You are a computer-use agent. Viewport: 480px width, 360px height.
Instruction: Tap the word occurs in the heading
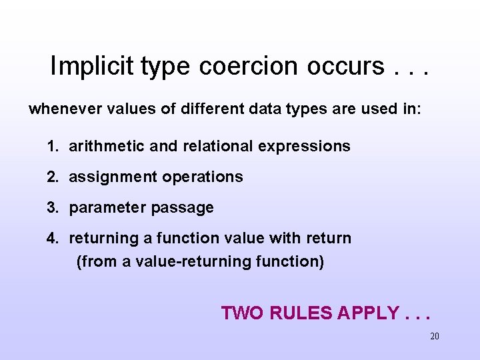(x=345, y=66)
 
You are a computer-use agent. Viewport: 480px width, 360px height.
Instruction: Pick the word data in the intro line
(x=261, y=109)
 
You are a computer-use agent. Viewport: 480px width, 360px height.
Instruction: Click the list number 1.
(x=51, y=146)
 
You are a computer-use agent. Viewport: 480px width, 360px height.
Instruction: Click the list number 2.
(x=52, y=177)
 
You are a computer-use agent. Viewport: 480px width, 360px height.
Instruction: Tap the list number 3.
(x=52, y=207)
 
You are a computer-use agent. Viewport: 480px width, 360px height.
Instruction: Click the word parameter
(x=108, y=208)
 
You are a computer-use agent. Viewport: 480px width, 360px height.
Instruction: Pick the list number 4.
(x=52, y=238)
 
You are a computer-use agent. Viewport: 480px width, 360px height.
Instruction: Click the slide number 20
(x=435, y=336)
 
